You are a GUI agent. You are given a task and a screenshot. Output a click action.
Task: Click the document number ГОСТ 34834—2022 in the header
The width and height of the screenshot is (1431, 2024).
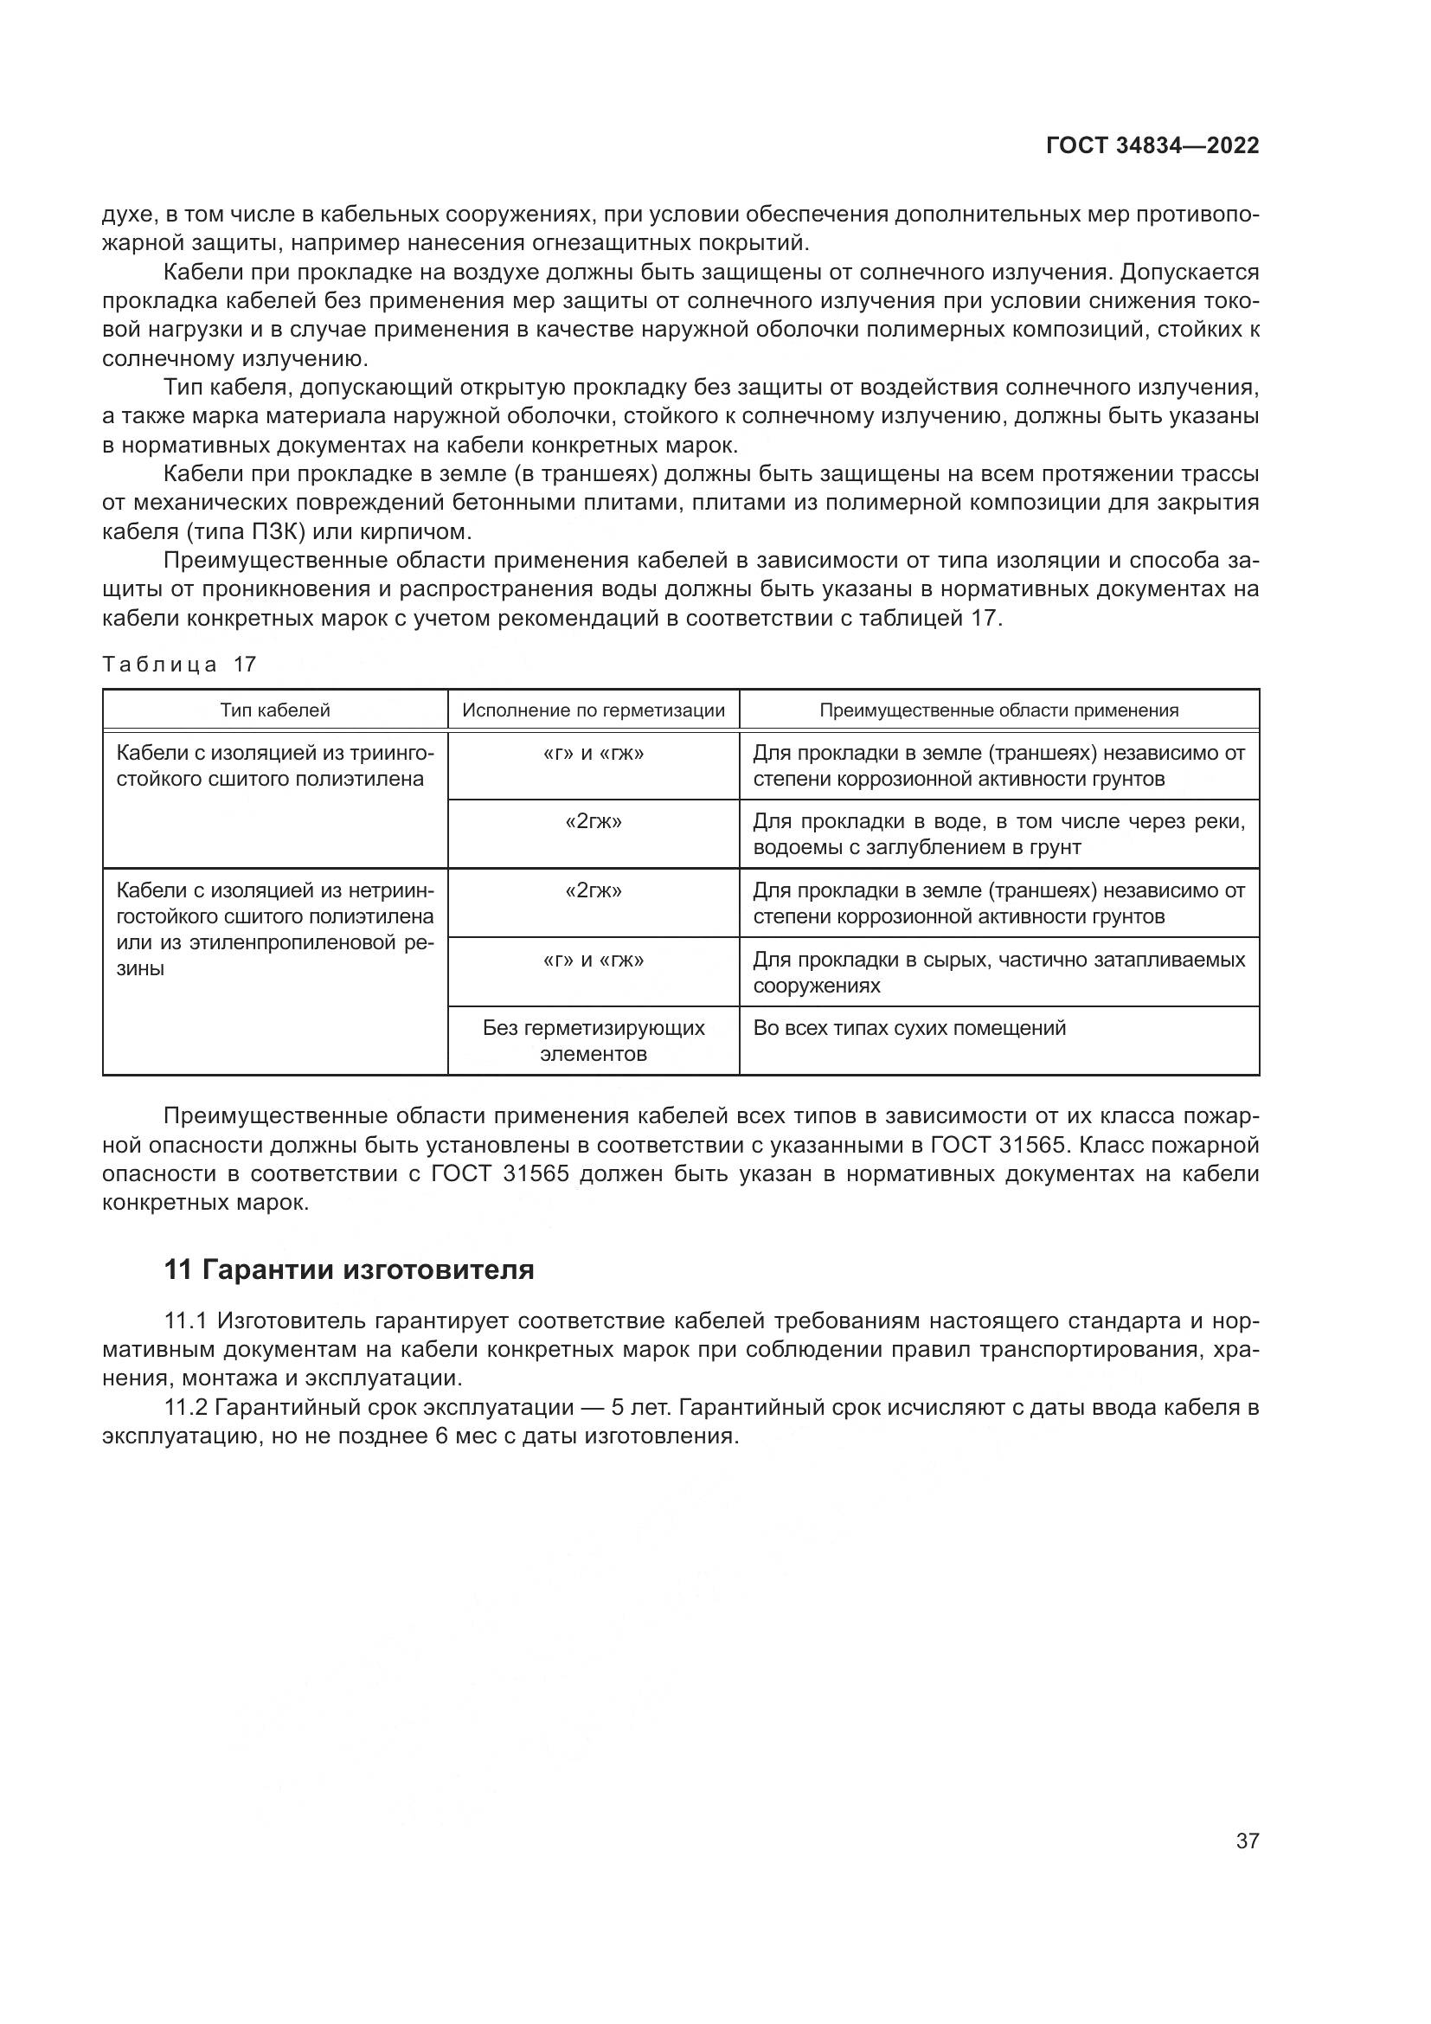[1152, 146]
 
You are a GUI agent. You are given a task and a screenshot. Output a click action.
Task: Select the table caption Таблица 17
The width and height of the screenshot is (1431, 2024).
[179, 664]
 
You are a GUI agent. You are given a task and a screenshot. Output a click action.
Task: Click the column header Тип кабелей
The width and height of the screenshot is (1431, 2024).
[275, 710]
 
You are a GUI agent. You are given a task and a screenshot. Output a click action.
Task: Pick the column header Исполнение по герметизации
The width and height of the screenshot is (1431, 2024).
[593, 710]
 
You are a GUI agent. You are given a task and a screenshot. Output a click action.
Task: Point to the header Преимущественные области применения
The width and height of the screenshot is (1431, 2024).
[998, 710]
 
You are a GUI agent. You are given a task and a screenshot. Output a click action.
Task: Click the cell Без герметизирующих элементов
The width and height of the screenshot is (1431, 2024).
[593, 1040]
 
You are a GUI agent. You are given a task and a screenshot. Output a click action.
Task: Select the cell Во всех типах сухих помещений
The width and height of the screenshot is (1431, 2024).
[908, 1028]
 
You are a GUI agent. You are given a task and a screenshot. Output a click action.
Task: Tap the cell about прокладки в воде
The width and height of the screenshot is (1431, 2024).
[998, 834]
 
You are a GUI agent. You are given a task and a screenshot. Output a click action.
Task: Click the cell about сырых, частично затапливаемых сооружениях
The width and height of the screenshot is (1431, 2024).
[998, 972]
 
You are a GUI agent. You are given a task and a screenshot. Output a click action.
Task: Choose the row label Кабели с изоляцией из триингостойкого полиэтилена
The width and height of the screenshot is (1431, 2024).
[275, 765]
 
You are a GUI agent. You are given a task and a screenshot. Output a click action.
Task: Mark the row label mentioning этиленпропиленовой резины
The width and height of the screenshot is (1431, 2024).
[275, 929]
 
